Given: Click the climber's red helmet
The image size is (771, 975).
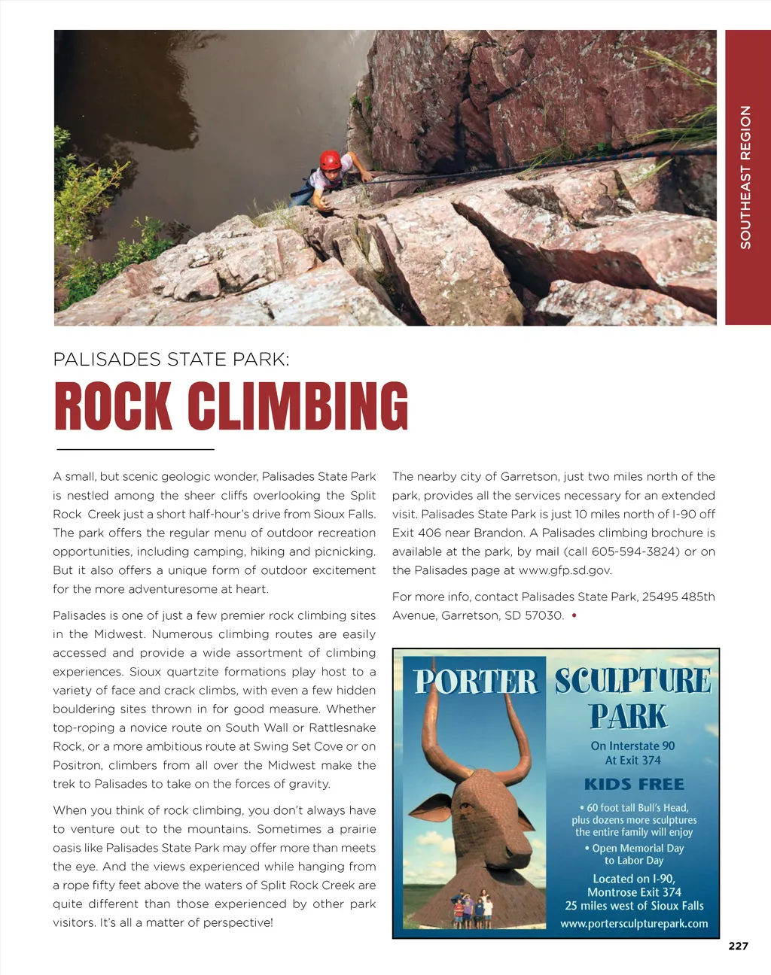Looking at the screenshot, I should [330, 159].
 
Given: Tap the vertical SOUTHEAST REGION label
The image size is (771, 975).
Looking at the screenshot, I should [745, 178].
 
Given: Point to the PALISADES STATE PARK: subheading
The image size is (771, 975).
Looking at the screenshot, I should [171, 360].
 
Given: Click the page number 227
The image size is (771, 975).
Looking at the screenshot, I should [738, 946].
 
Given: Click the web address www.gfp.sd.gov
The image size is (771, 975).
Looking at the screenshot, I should [565, 570].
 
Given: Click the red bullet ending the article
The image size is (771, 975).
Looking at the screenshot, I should [574, 615].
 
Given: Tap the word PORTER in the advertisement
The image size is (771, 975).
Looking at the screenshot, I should [476, 682].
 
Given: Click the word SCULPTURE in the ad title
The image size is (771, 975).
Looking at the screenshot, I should [632, 681].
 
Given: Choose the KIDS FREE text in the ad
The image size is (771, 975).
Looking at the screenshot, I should [634, 784].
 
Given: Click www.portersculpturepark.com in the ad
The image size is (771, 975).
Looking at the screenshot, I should [634, 923].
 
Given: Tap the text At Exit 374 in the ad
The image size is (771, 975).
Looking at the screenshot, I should [632, 761].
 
